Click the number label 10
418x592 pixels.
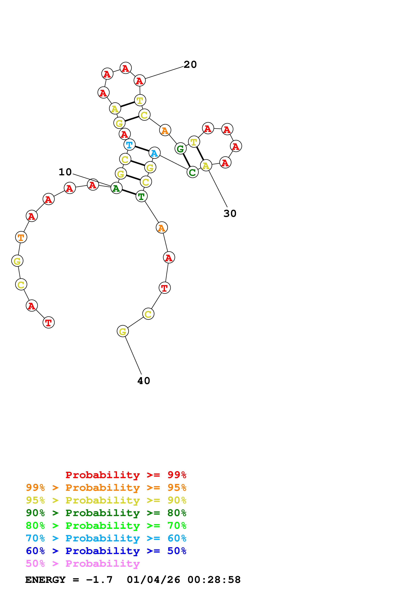pyautogui.click(x=65, y=172)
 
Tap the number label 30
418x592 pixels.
pyautogui.click(x=230, y=213)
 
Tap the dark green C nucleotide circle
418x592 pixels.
pyautogui.click(x=192, y=172)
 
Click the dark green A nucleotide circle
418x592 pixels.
pyautogui.click(x=116, y=188)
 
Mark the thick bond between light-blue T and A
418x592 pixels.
pyautogui.click(x=142, y=149)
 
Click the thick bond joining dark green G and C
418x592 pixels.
pyautogui.click(x=186, y=160)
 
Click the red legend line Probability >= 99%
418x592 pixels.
pyautogui.click(x=126, y=475)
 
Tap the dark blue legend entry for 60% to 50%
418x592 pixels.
pyautogui.click(x=106, y=551)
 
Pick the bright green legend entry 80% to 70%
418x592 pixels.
pyautogui.click(x=106, y=526)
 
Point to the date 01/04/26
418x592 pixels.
pyautogui.click(x=153, y=580)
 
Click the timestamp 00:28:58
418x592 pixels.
pyautogui.click(x=214, y=580)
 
